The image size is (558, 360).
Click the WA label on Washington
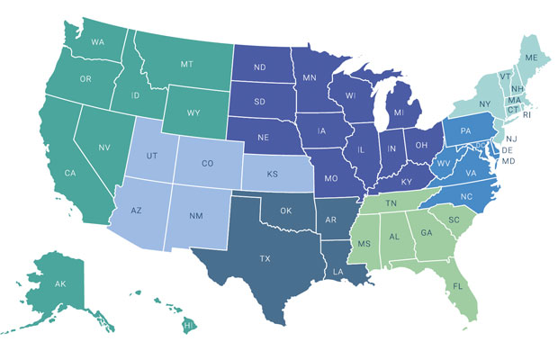(x=97, y=41)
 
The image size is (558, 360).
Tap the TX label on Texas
(x=265, y=258)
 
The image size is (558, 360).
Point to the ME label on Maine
(x=533, y=58)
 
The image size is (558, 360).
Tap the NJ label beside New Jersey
(x=510, y=139)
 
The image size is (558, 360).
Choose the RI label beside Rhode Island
(x=526, y=115)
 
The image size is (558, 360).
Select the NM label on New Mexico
(x=194, y=217)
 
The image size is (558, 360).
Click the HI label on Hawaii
(x=188, y=324)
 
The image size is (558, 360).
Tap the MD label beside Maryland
(x=510, y=162)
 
